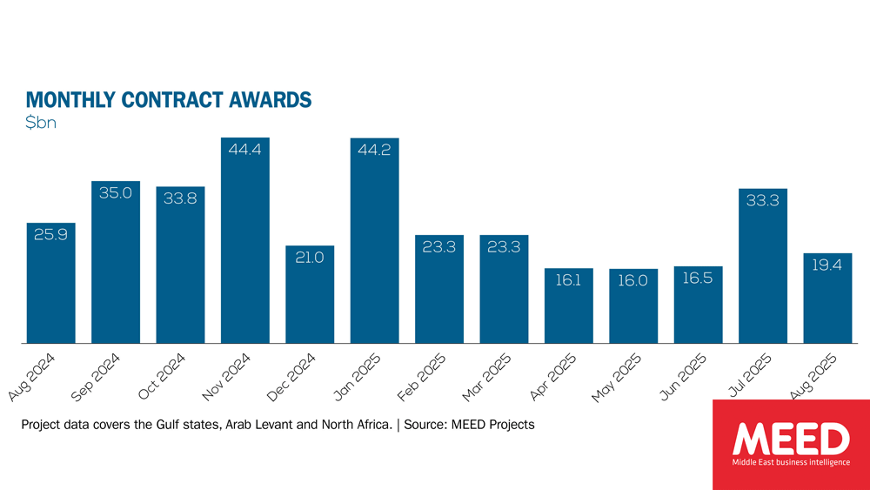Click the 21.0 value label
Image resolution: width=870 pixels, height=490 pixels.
pos(309,258)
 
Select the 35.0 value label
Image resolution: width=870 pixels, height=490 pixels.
pos(115,193)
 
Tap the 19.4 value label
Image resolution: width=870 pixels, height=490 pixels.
pos(826,266)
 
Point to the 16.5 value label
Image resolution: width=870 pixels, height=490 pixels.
pos(698,279)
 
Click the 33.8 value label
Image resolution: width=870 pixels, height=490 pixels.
pos(180,199)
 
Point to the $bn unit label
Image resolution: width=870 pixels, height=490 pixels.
pos(41,123)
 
